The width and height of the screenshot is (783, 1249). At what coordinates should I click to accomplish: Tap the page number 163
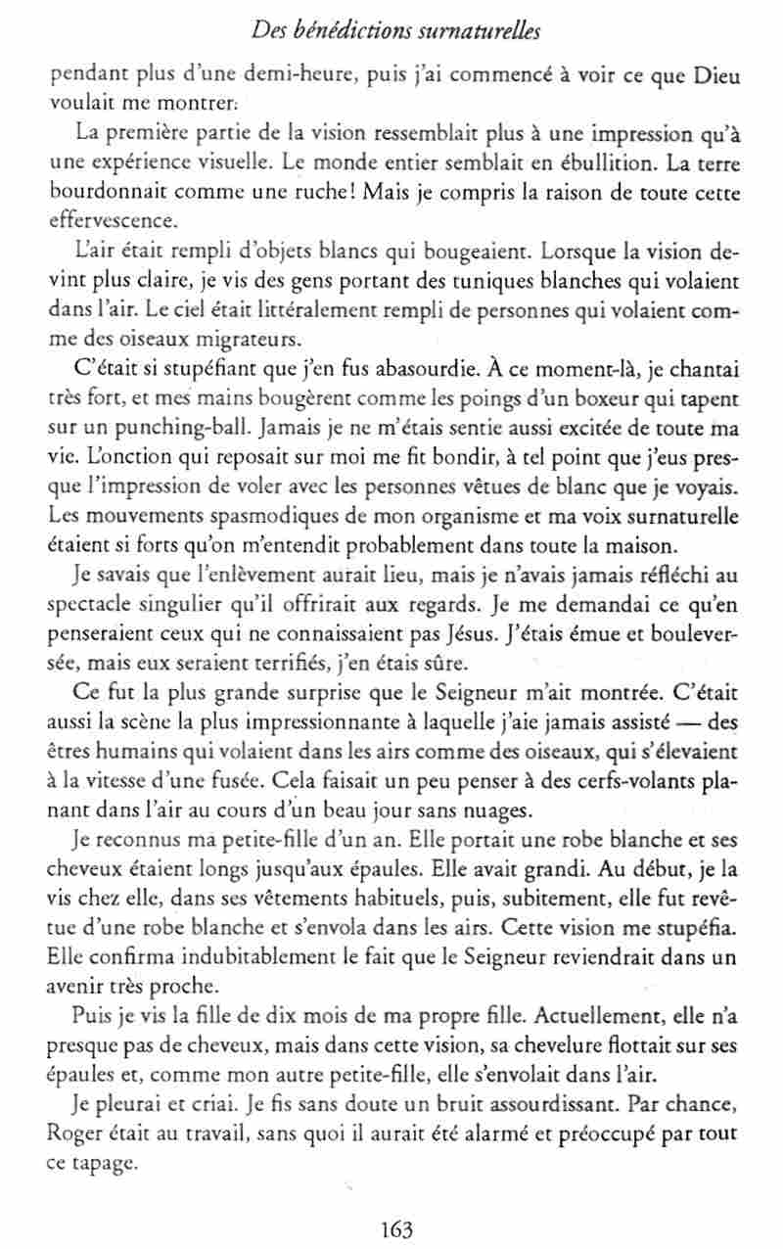pos(391,1229)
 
